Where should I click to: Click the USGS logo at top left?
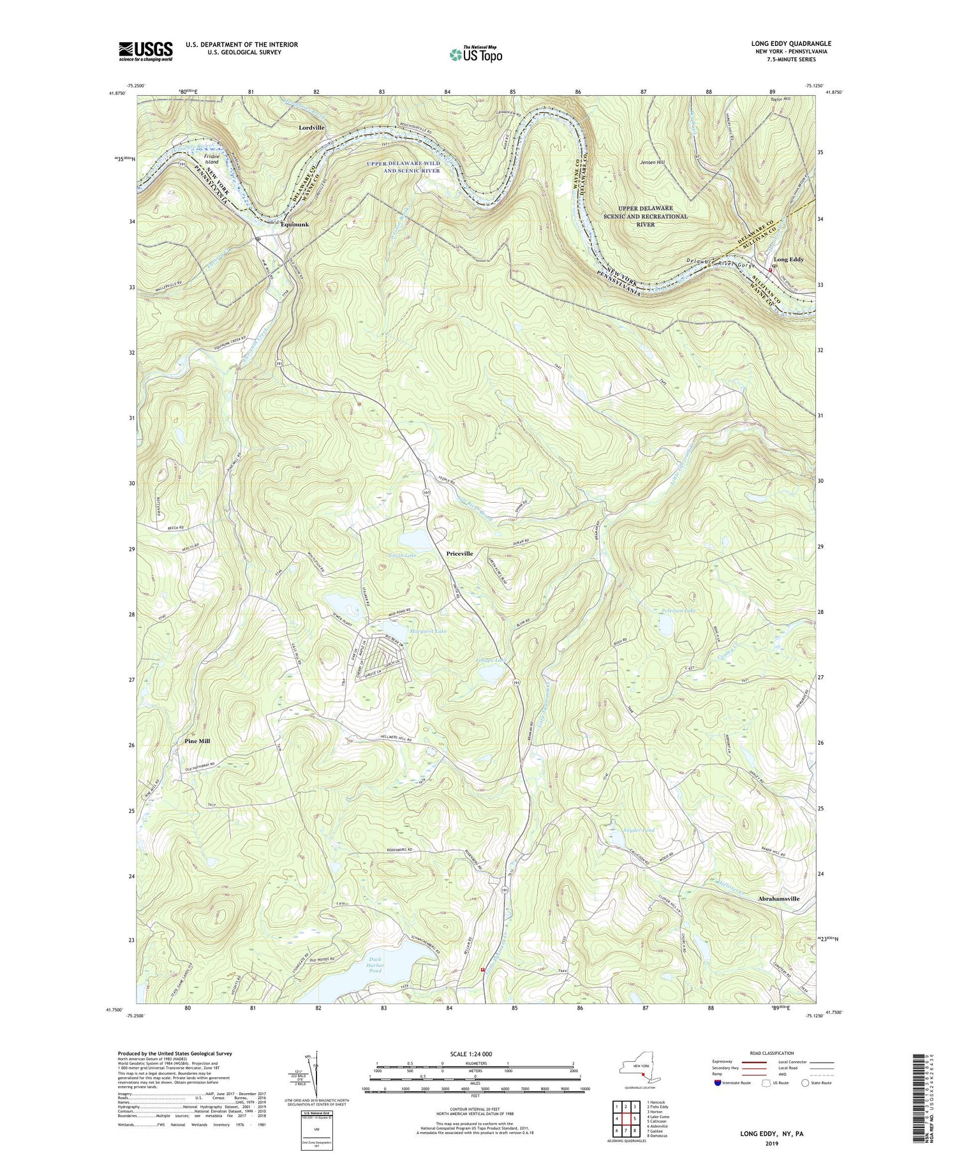tap(145, 51)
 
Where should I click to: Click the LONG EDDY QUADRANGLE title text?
tap(791, 43)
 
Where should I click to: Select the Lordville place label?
tap(312, 128)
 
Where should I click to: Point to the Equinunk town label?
tap(295, 225)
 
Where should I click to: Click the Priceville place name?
tap(459, 553)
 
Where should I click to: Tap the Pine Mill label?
tap(197, 742)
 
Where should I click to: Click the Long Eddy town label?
tap(789, 260)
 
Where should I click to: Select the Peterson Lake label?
tap(679, 610)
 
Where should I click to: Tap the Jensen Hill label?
tap(652, 163)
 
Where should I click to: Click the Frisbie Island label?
tap(211, 158)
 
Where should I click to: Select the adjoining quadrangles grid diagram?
tap(627, 1117)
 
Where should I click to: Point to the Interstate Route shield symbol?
tap(718, 1083)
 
